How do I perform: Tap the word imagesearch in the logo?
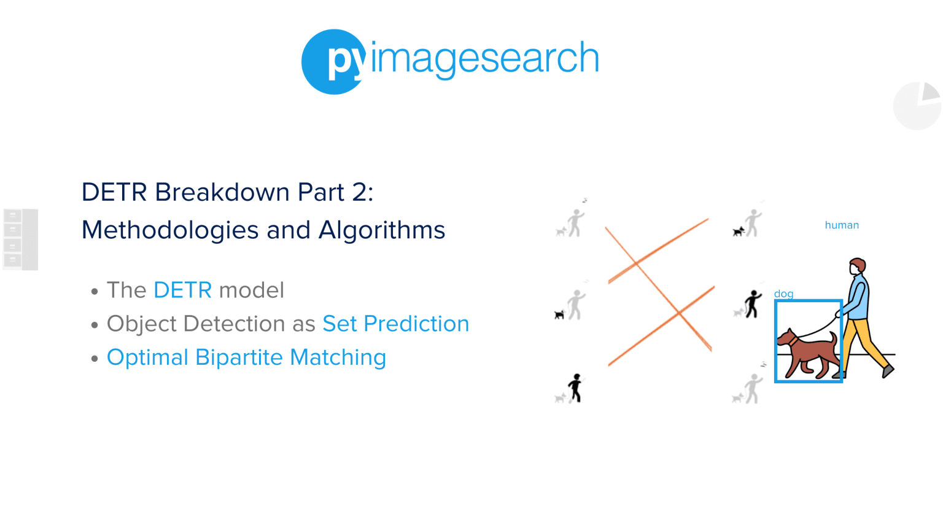[484, 59]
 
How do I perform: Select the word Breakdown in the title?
[222, 192]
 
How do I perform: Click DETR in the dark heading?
[114, 192]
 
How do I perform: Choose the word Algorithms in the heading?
[381, 230]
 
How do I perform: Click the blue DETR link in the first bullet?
[182, 290]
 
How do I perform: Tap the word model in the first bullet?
[252, 290]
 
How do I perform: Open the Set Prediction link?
[395, 324]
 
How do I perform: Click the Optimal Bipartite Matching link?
[246, 357]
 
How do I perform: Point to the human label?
[842, 225]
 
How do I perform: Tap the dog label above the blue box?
[783, 294]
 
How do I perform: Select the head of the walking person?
[857, 267]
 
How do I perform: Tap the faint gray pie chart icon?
[917, 106]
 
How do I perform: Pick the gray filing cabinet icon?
[21, 239]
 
